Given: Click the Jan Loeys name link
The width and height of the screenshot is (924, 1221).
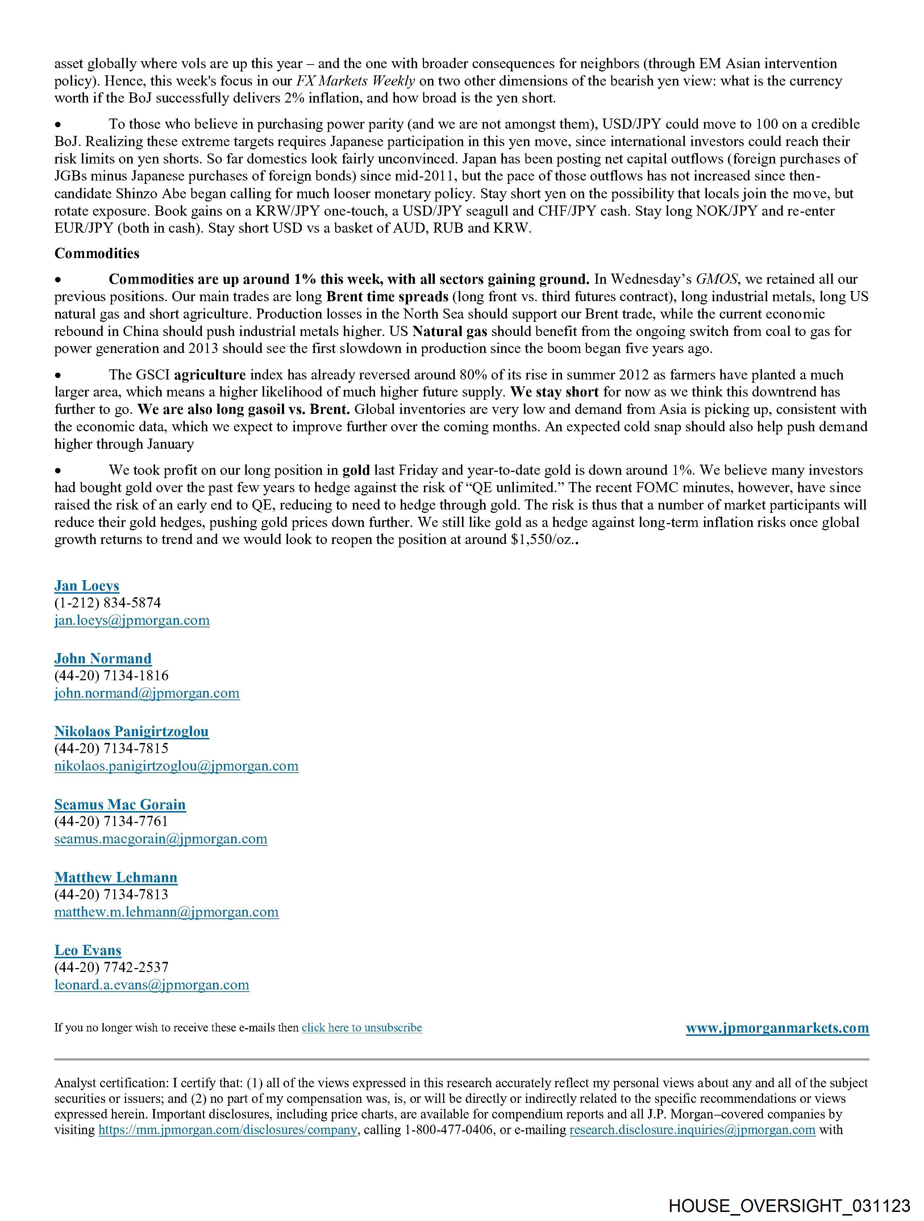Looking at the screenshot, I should click(x=87, y=586).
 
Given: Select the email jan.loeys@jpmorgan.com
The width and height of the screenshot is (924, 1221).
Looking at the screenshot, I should click(x=132, y=620).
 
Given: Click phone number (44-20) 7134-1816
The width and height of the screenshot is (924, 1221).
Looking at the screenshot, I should click(x=112, y=676).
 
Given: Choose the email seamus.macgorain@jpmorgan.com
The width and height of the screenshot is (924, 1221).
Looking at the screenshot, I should click(x=161, y=839).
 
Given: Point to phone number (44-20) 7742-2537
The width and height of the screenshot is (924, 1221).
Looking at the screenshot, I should click(x=112, y=967).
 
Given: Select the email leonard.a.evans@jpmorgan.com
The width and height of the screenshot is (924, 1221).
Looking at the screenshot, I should click(x=152, y=985).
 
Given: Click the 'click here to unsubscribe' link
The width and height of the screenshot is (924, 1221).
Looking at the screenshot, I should click(x=362, y=1028).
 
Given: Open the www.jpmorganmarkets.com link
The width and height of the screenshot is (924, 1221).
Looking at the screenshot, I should click(x=777, y=1028).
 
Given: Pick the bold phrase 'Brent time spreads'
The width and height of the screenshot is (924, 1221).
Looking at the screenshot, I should click(x=387, y=296).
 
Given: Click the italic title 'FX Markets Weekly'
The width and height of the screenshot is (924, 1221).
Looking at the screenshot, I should click(x=355, y=81).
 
